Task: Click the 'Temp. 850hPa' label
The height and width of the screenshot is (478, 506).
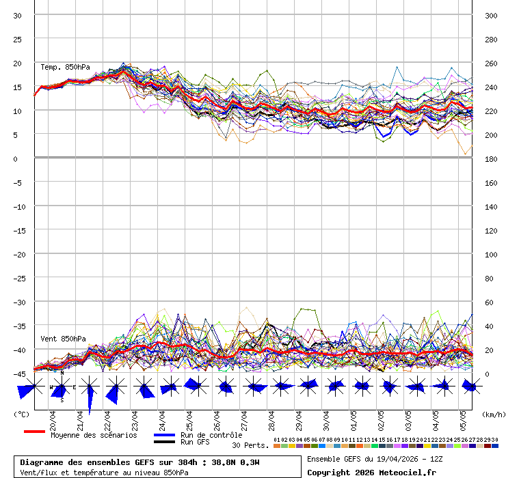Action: [65, 67]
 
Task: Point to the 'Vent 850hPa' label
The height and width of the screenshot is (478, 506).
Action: [63, 339]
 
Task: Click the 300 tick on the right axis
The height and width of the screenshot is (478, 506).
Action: [491, 15]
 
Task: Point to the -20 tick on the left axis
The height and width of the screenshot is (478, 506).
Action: [21, 254]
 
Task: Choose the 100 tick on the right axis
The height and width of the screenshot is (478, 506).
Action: [491, 254]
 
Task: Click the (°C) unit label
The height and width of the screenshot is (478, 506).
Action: [22, 414]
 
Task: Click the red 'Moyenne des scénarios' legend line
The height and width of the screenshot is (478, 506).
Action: [34, 432]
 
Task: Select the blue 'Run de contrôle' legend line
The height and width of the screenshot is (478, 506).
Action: [164, 435]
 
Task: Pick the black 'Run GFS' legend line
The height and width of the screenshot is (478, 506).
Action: [164, 442]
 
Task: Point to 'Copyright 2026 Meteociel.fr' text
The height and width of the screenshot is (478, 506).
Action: [371, 472]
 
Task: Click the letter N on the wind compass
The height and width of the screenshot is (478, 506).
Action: [62, 374]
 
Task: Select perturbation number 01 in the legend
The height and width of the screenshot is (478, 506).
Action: [277, 440]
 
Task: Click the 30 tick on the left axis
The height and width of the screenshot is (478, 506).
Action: [18, 15]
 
